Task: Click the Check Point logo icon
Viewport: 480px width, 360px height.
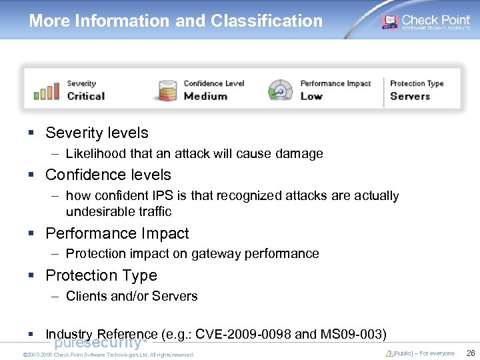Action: [389, 21]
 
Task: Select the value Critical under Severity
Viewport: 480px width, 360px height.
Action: [86, 96]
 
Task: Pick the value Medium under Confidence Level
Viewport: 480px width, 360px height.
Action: [205, 96]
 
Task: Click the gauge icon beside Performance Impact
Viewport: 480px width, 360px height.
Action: [280, 90]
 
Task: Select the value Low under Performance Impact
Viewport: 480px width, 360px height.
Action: [311, 96]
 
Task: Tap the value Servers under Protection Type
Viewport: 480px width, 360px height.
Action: [410, 96]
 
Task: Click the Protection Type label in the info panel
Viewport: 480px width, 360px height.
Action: [417, 83]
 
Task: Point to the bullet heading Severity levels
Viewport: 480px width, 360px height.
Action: [97, 133]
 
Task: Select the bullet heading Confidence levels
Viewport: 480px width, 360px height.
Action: [108, 175]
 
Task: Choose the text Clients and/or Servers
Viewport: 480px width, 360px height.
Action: [131, 296]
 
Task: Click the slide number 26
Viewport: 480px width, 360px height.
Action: [470, 353]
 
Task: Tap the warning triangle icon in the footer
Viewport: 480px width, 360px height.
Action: [389, 353]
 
